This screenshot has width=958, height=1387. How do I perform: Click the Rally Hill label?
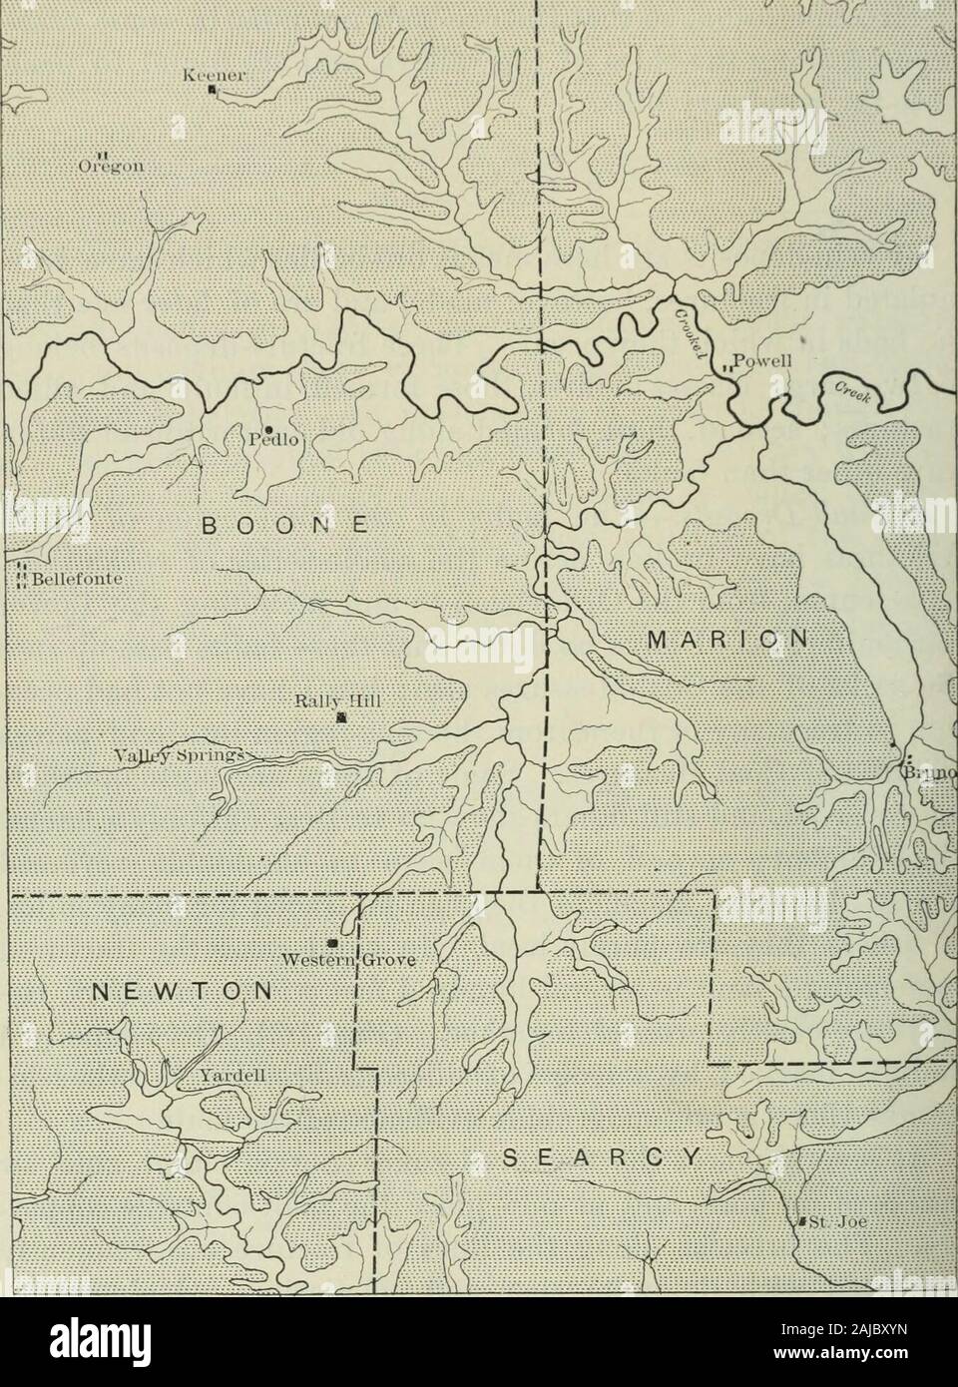tap(341, 699)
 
